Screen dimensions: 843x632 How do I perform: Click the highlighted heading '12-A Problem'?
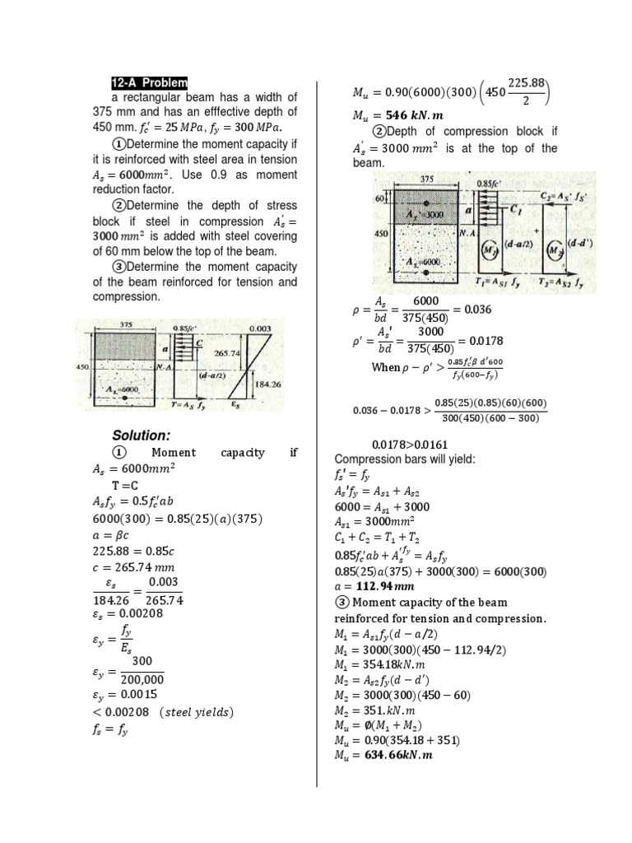click(x=150, y=83)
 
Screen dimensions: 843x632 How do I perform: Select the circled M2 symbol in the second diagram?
click(x=556, y=249)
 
